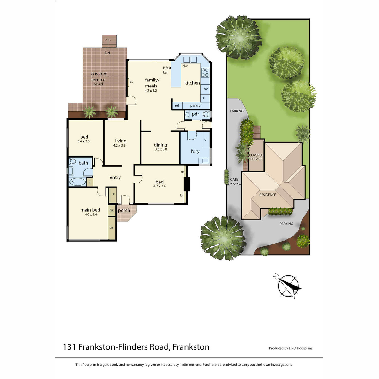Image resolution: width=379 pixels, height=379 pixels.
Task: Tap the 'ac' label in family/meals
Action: (132, 81)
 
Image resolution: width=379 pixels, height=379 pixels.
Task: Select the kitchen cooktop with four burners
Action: (205, 73)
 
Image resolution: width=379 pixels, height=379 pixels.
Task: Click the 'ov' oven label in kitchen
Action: (206, 89)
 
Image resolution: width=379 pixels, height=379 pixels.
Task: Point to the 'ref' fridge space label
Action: (177, 105)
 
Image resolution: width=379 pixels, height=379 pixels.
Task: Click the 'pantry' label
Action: (195, 105)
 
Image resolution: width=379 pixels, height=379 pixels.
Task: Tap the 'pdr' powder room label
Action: (195, 114)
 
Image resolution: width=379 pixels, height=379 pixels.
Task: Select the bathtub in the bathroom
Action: (77, 182)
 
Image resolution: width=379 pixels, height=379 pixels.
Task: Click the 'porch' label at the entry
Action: (124, 210)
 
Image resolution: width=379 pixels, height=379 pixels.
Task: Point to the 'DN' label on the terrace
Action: (107, 53)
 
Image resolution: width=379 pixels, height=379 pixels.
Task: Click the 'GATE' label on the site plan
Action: (234, 179)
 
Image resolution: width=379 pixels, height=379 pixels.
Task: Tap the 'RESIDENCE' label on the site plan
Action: (268, 195)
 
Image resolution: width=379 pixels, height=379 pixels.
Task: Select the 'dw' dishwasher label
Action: (185, 66)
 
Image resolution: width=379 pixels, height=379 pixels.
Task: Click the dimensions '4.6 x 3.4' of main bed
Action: (91, 214)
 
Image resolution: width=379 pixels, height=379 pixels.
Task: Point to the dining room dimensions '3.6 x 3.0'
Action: (161, 149)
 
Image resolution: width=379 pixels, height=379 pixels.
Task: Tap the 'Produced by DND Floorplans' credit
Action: (291, 348)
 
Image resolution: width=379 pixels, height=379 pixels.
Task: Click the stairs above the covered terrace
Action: (109, 41)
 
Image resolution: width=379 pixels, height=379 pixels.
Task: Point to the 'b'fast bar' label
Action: (166, 70)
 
